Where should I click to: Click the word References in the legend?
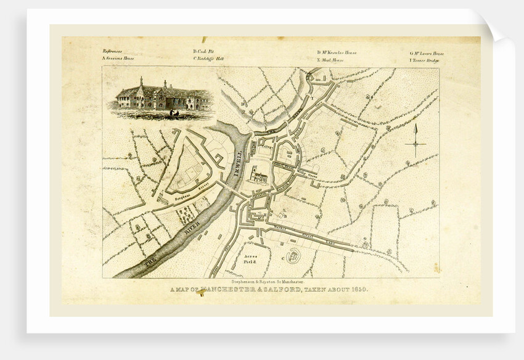click(112, 51)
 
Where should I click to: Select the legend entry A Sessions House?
click(118, 59)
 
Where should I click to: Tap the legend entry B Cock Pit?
click(203, 52)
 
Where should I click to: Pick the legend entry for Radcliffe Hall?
click(208, 59)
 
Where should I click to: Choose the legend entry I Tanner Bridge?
click(427, 60)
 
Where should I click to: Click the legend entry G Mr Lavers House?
click(427, 53)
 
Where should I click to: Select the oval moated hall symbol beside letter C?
click(292, 255)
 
